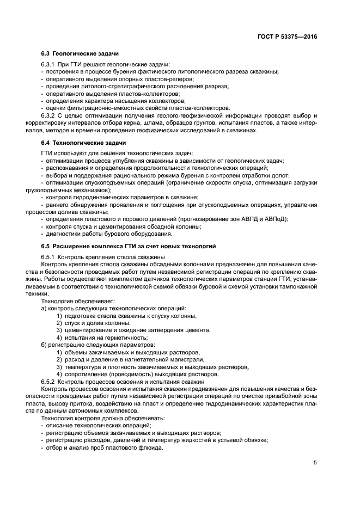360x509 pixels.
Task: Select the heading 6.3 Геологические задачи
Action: (77, 55)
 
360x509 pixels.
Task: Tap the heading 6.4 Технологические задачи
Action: (80, 142)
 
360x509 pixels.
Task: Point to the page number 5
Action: (315, 463)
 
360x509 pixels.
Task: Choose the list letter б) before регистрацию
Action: (44, 345)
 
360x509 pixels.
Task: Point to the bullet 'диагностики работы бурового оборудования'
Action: (109, 234)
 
